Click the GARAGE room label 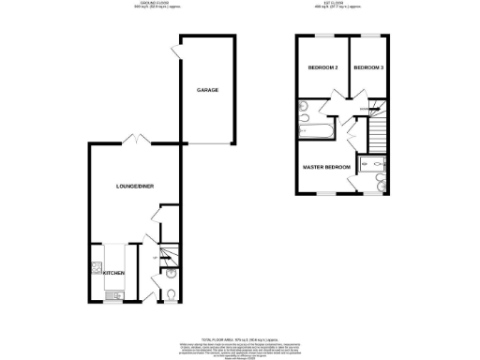[207, 90]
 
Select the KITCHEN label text [113, 273]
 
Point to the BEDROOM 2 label [322, 68]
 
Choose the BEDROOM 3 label [367, 68]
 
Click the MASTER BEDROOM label [325, 168]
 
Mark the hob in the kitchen [97, 268]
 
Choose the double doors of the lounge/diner [135, 141]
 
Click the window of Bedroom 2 [322, 36]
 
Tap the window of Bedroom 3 [367, 36]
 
